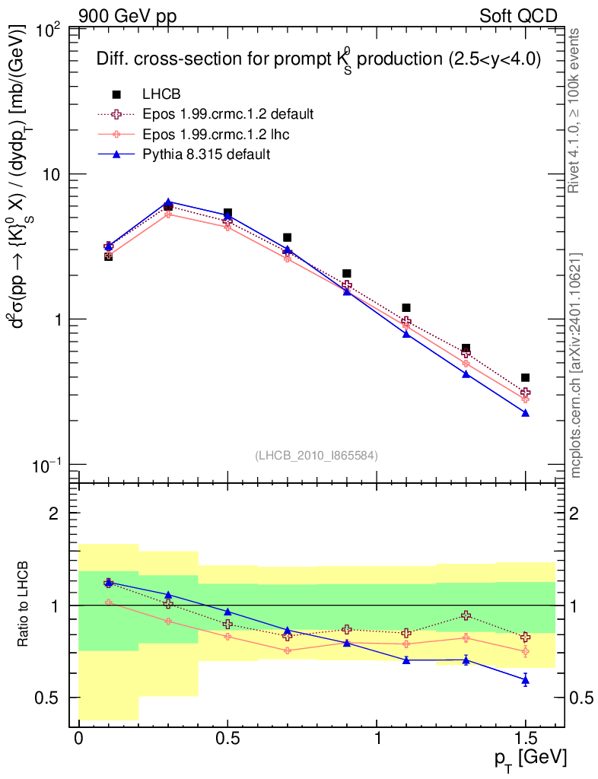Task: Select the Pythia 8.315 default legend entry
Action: click(206, 154)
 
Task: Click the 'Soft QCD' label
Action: click(519, 15)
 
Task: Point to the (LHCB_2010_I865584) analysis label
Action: click(316, 455)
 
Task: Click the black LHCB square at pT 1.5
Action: click(525, 377)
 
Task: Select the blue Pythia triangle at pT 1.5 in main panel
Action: click(525, 412)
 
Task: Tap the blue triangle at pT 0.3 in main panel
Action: click(168, 202)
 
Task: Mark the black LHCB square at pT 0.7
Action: click(287, 237)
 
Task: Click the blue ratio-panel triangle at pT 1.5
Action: click(525, 679)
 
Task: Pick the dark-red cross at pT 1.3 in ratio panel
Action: click(466, 615)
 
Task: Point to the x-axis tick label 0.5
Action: click(227, 739)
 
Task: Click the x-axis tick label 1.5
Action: click(525, 739)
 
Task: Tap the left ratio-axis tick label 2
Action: click(53, 514)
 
